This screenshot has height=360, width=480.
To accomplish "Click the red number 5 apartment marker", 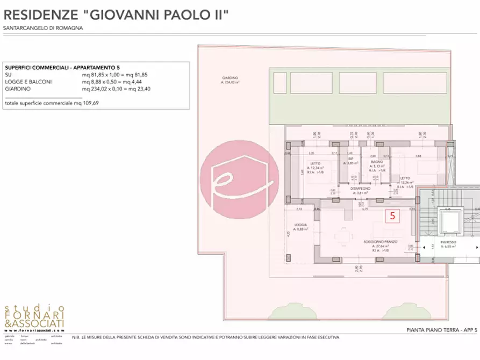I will point(392,215).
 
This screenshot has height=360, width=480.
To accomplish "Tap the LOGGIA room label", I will point(300,225).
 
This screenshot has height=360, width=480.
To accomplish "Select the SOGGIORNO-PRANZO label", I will point(379,242).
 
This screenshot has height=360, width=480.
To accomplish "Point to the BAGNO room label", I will point(376,162).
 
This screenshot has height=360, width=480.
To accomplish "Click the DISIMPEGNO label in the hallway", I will point(361,188).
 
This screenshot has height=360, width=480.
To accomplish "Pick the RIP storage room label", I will point(350,159).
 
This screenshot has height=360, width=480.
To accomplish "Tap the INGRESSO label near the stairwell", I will point(448,242).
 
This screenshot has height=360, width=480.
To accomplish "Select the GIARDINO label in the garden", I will point(230,78).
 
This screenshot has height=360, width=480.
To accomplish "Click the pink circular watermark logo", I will point(240,180).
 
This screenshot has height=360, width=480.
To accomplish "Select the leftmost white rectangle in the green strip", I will point(279,83).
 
